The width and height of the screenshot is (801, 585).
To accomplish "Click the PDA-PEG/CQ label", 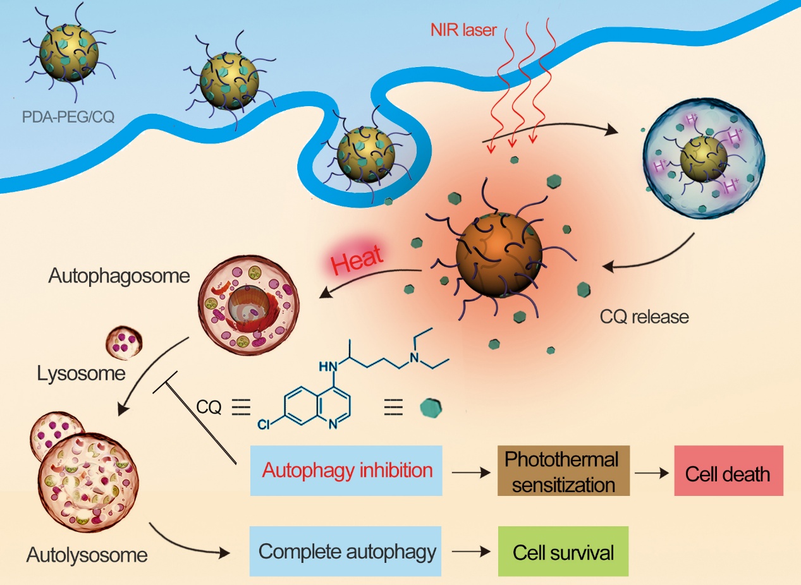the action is click(68, 117).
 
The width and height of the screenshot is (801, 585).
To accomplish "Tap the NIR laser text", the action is click(463, 30).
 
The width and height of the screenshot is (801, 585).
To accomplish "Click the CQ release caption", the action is click(644, 317).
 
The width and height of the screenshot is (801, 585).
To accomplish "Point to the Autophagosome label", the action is click(119, 276).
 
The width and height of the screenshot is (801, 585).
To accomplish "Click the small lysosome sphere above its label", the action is click(124, 342).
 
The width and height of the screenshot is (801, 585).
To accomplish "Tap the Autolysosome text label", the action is click(87, 555).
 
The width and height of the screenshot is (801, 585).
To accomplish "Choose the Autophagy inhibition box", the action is click(346, 470).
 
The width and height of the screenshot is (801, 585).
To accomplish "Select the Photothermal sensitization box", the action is click(563, 470).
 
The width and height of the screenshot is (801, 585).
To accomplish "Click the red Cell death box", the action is click(729, 470).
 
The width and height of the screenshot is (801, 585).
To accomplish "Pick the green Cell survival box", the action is click(563, 551).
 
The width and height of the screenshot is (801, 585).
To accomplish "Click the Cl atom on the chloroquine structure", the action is click(263, 424).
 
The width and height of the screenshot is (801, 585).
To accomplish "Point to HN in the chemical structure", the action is click(328, 366).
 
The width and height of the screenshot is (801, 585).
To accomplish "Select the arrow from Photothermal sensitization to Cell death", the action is click(652, 473).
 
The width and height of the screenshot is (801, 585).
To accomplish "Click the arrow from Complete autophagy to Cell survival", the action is click(471, 552).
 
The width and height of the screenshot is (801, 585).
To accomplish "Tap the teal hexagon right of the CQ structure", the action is click(431, 407).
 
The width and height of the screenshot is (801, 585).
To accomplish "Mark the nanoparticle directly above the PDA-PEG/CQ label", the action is click(69, 53).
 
